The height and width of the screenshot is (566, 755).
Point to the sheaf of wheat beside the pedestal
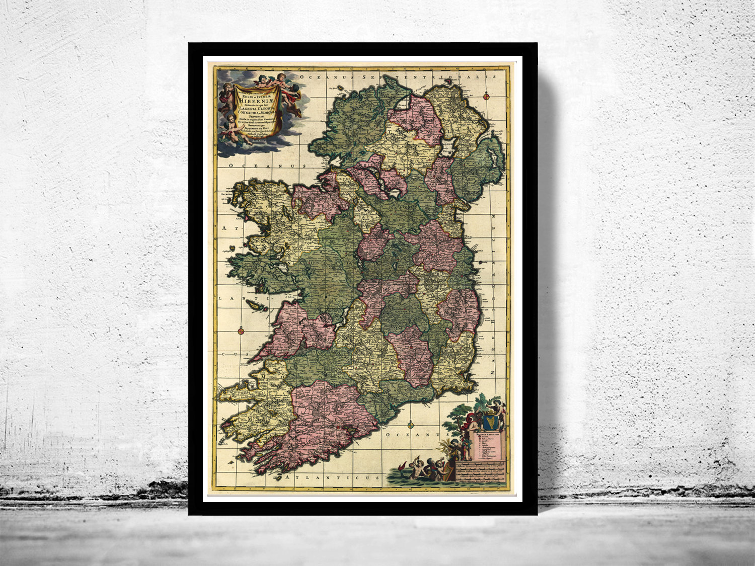[x=446, y=446]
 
